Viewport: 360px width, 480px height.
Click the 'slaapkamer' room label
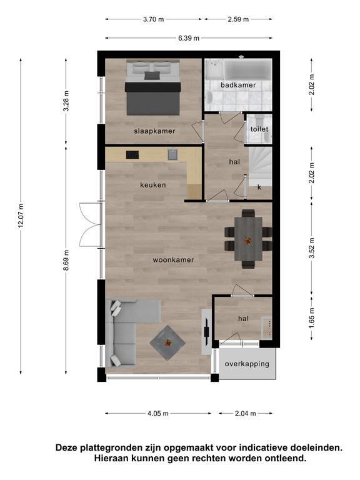[x=154, y=131]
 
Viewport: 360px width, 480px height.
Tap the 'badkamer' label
[x=238, y=85]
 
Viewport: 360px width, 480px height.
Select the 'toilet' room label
[x=259, y=129]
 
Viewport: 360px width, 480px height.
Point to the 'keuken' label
[x=153, y=185]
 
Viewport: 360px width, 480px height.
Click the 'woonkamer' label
[x=173, y=260]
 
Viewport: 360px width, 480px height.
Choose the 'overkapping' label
[x=247, y=364]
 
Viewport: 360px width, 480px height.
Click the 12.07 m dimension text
[x=21, y=216]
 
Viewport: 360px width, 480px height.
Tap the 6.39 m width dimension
[x=189, y=38]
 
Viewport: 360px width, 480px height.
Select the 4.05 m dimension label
[x=158, y=414]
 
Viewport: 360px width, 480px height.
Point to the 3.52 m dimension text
[x=312, y=248]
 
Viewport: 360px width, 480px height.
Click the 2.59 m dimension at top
[x=238, y=19]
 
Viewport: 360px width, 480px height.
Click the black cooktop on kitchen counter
[x=132, y=155]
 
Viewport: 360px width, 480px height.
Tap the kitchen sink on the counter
[x=172, y=154]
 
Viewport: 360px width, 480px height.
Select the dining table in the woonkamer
[x=248, y=239]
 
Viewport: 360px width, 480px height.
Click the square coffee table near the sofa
[x=167, y=342]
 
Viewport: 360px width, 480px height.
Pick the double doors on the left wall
[x=90, y=224]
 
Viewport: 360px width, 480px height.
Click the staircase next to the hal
[x=260, y=167]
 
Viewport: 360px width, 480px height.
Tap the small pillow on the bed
[x=152, y=75]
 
